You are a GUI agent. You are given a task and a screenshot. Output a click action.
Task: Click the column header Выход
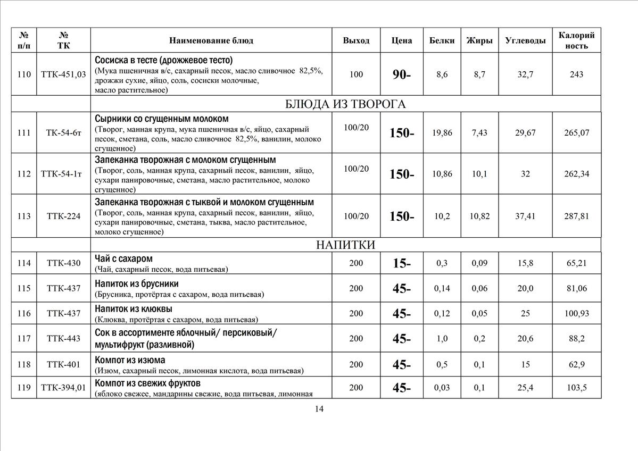356,40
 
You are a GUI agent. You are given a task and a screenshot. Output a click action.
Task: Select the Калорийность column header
577,40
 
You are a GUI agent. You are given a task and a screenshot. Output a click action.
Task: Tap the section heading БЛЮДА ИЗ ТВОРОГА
346,104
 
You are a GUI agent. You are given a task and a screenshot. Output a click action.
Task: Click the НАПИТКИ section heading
345,245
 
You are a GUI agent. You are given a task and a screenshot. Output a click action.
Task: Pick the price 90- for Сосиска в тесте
402,75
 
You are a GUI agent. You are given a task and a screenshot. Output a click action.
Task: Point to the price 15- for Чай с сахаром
402,263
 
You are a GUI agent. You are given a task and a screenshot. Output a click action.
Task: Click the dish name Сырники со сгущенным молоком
162,119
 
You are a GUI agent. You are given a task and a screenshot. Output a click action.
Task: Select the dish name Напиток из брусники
137,283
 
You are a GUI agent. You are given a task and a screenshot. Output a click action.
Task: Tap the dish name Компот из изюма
130,360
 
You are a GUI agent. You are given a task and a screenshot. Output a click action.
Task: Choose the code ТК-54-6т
63,133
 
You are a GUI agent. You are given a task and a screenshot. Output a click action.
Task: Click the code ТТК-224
63,216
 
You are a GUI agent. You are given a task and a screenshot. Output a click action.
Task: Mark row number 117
24,339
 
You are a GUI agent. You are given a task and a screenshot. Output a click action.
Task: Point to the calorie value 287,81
577,216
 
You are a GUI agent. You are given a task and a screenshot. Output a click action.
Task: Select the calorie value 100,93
577,314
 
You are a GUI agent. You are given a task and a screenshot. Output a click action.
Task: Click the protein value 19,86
442,133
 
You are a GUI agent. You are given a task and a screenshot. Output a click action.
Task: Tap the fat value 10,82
479,216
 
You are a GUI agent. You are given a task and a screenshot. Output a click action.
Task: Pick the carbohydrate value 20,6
525,339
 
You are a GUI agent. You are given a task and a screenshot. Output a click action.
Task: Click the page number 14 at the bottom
319,409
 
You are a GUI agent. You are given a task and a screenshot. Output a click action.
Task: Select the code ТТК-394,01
63,388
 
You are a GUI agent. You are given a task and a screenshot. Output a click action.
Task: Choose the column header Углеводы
525,40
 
